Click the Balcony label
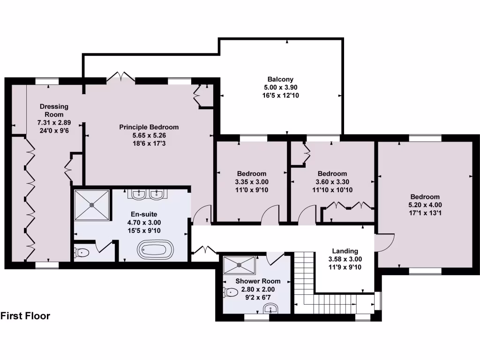tap(281, 79)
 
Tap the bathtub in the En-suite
tap(155, 248)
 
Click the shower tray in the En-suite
tap(92, 204)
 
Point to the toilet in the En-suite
tap(82, 253)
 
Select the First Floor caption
tap(25, 316)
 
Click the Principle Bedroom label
tap(149, 127)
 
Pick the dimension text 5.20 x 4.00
tap(425, 205)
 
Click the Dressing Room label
tap(54, 110)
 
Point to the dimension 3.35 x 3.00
tap(251, 182)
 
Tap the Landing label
tap(345, 251)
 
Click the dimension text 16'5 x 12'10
tap(281, 95)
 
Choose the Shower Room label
tap(258, 281)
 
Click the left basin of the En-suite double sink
tap(138, 194)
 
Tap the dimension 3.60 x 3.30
tap(332, 182)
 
